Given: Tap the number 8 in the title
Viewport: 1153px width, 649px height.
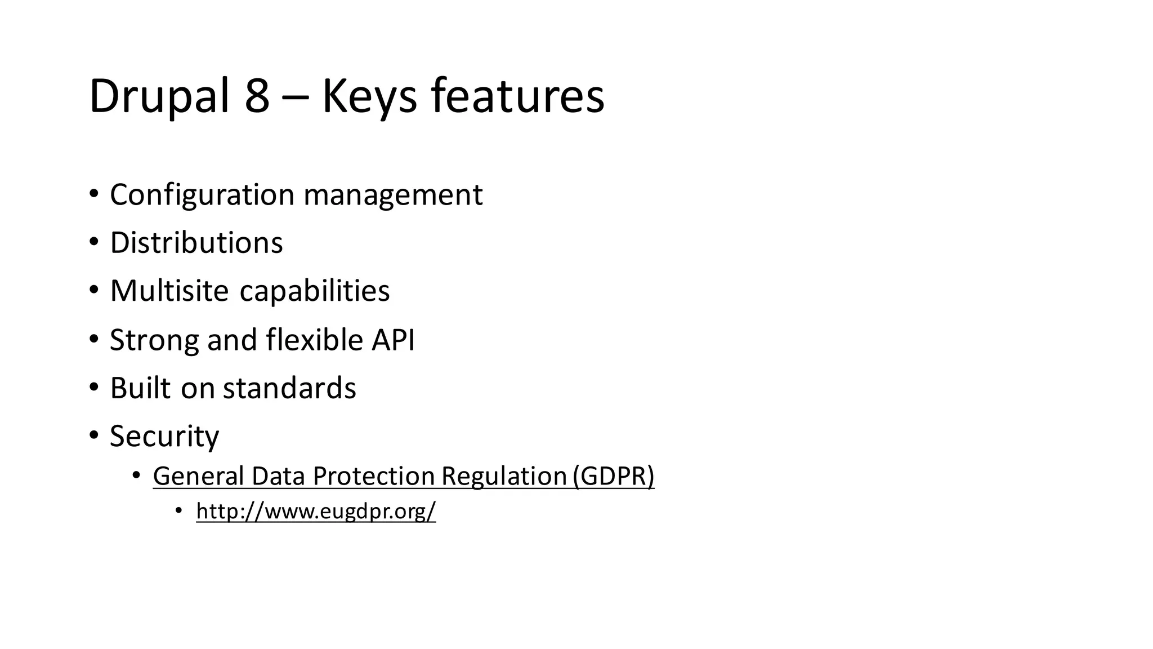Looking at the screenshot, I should point(257,97).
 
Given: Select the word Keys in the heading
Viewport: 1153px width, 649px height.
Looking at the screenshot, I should point(369,97).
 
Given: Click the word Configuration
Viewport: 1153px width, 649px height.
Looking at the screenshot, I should point(202,195).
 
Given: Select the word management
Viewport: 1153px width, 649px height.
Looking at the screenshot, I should point(392,195).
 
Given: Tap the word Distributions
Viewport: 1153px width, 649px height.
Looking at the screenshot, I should point(196,243).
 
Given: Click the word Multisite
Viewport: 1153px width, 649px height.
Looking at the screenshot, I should point(169,291).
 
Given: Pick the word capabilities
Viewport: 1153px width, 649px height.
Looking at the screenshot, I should point(314,291).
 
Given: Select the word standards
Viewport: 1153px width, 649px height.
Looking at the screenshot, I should point(289,388).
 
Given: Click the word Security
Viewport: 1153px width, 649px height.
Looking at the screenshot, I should point(164,436).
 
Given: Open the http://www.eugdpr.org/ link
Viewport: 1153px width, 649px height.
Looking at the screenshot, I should point(316,511).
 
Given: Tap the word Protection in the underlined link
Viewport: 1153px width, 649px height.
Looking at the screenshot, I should point(373,476).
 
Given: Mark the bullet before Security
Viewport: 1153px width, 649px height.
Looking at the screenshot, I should point(93,435).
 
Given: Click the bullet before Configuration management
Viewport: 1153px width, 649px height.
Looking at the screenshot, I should point(93,194).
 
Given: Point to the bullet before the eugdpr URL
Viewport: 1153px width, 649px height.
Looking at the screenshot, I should point(178,510).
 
